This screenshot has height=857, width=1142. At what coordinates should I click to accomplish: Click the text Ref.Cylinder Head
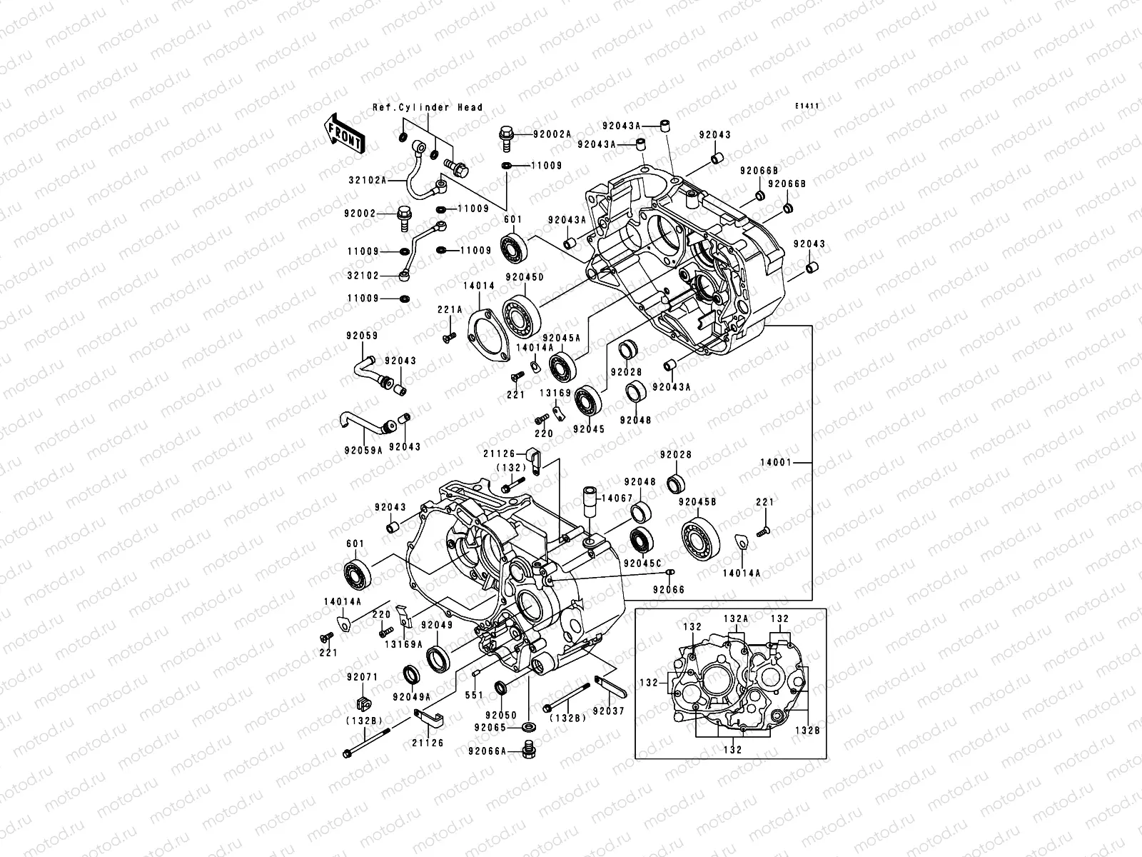coord(428,108)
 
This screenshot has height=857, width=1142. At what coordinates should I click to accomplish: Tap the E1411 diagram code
coord(807,106)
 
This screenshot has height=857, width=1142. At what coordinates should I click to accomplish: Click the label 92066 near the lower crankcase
coord(667,589)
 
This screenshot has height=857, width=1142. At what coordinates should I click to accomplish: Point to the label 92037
coord(608,711)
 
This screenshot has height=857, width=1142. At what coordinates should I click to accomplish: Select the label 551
coord(474,694)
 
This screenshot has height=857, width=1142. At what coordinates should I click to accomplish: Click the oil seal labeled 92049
coord(438,657)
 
